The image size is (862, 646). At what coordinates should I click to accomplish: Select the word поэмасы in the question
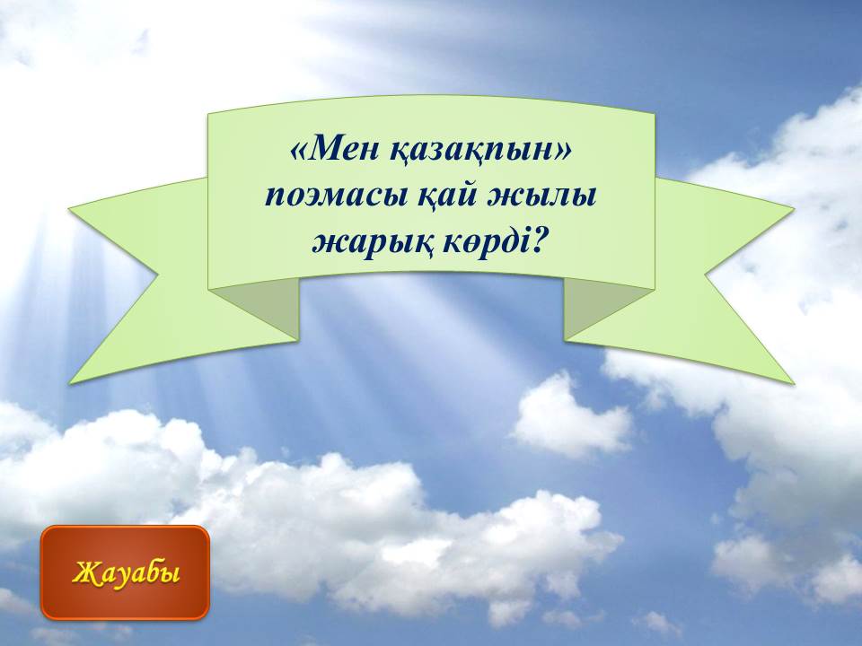click(x=337, y=196)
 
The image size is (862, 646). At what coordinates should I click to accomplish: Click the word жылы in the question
click(x=542, y=196)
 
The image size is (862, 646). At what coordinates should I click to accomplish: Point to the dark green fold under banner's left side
click(x=264, y=305)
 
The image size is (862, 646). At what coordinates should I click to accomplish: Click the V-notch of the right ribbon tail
click(x=705, y=273)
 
